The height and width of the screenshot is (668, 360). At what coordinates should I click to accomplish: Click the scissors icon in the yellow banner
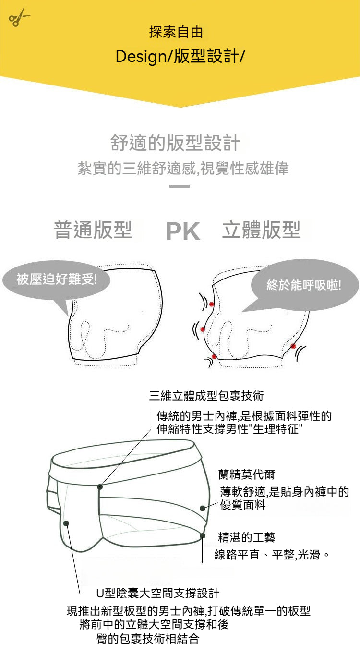[x=18, y=17]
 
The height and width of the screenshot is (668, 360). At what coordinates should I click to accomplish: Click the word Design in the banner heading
[x=141, y=57]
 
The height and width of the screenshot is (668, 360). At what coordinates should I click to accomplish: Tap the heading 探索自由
[x=176, y=32]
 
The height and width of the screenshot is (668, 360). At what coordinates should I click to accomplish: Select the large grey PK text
[x=183, y=231]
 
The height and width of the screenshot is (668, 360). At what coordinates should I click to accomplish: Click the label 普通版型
[x=93, y=230]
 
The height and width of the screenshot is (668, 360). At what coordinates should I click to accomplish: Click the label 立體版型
[x=261, y=230]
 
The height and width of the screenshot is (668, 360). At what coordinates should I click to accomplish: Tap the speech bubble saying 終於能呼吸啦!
[x=304, y=286]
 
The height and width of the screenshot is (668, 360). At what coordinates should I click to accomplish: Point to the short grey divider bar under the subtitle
[x=180, y=186]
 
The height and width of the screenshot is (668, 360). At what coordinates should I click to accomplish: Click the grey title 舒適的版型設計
[x=175, y=143]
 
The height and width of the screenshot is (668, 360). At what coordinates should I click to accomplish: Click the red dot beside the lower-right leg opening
[x=293, y=346]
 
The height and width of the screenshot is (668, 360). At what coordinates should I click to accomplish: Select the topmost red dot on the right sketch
[x=212, y=304]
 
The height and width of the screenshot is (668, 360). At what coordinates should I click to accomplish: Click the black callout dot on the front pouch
[x=66, y=523]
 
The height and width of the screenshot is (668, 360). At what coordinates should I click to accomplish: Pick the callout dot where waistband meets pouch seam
[x=100, y=486]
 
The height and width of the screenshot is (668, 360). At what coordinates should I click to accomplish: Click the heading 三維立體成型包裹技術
[x=206, y=396]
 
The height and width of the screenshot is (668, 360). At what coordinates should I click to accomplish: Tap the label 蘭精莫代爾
[x=247, y=474]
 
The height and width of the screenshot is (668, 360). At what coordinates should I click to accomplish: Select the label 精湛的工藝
[x=247, y=537]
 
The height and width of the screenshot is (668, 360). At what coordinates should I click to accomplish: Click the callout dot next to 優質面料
[x=203, y=508]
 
